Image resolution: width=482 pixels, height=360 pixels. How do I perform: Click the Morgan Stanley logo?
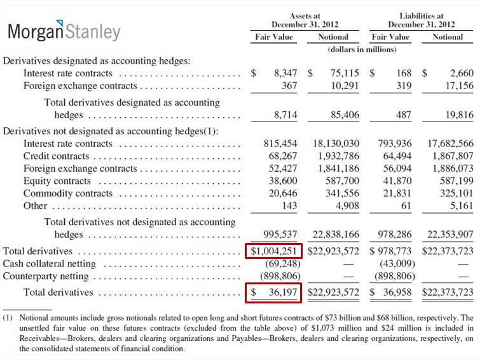pos(64,31)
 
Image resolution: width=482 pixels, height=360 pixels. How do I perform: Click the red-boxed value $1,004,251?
pos(273,251)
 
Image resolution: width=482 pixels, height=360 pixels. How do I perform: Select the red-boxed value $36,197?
pos(273,293)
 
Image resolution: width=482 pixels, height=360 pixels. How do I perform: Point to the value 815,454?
pos(280,144)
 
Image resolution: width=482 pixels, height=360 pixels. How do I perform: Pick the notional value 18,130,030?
pos(336,144)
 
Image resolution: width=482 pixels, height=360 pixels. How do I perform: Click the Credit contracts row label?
pos(56,156)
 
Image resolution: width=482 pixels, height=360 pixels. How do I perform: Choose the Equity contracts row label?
pos(57,181)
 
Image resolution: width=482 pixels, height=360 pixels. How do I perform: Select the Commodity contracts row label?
pos(68,193)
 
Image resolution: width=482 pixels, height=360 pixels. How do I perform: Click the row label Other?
pos(36,205)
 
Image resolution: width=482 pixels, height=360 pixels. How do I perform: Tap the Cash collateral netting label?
pos(50,264)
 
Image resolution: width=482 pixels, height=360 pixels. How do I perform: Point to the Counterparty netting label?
pos(46,276)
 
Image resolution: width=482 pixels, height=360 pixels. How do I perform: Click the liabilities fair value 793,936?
pos(395,144)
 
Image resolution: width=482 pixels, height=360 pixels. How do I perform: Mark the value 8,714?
pos(286,115)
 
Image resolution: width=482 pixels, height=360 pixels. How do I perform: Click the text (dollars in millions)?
pos(362,50)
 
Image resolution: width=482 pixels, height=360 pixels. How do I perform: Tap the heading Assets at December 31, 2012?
pos(305,20)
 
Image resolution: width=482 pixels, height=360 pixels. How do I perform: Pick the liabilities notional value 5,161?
pos(462,205)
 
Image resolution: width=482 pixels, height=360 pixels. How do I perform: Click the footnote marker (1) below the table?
pos(8,317)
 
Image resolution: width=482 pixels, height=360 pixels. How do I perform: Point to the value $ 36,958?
pos(390,293)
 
